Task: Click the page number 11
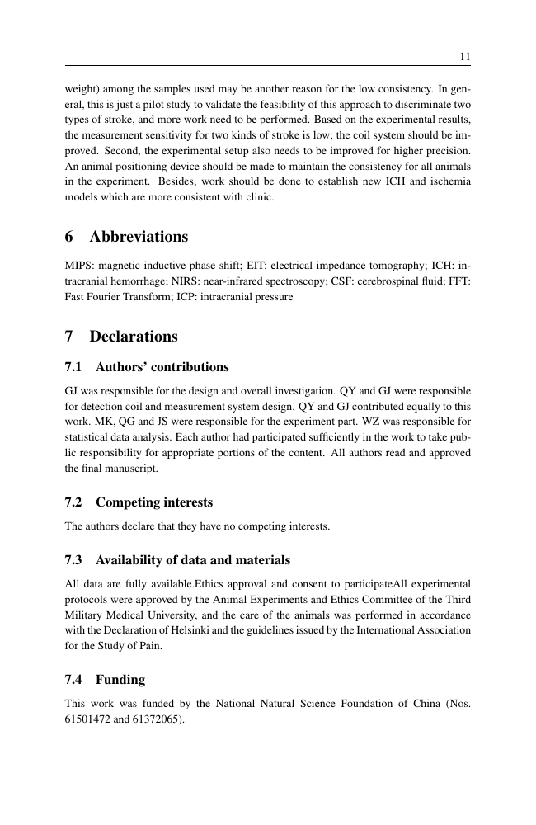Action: pyautogui.click(x=464, y=56)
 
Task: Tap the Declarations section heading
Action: pyautogui.click(x=133, y=337)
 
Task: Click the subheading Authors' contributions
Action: pyautogui.click(x=162, y=367)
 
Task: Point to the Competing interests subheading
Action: pyautogui.click(x=154, y=502)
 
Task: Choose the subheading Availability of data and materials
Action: pyautogui.click(x=193, y=561)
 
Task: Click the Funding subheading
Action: pyautogui.click(x=120, y=680)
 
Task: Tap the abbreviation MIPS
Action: pyautogui.click(x=78, y=265)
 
